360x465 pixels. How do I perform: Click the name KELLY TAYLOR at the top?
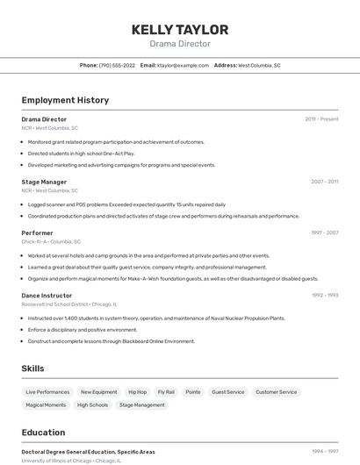(x=180, y=29)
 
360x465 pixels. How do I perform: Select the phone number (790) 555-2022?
(x=117, y=65)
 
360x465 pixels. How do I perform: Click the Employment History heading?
(x=65, y=100)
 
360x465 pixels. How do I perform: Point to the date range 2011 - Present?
(x=321, y=118)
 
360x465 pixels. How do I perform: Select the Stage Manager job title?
(x=44, y=182)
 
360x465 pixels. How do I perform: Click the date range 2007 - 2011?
(x=324, y=182)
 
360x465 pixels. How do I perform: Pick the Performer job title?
(x=37, y=232)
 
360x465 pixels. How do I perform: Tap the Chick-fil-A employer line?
(x=51, y=241)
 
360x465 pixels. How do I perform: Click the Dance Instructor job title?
(x=47, y=296)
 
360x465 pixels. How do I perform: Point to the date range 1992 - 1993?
(x=325, y=296)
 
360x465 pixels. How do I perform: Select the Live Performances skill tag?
(x=47, y=392)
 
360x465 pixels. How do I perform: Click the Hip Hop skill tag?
(x=137, y=392)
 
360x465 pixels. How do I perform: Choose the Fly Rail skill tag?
(x=166, y=392)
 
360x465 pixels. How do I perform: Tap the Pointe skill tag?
(x=193, y=392)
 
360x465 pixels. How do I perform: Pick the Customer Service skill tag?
(x=277, y=392)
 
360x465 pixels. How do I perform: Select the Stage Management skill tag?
(x=142, y=405)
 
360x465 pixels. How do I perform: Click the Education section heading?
(x=43, y=433)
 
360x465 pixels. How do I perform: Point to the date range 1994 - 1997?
(x=325, y=451)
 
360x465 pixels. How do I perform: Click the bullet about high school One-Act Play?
(x=81, y=153)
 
